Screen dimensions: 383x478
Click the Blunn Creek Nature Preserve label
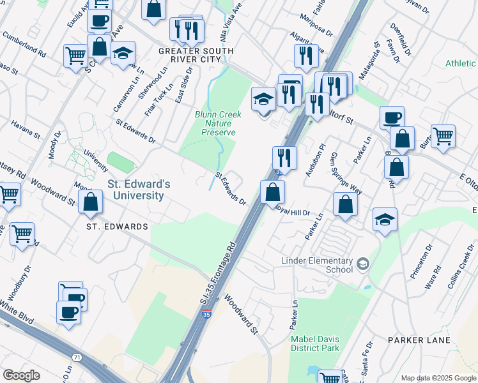[x=215, y=123]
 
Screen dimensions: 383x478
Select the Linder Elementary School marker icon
[x=362, y=264]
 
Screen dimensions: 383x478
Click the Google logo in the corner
[x=22, y=375]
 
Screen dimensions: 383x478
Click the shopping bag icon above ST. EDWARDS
[x=91, y=202]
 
